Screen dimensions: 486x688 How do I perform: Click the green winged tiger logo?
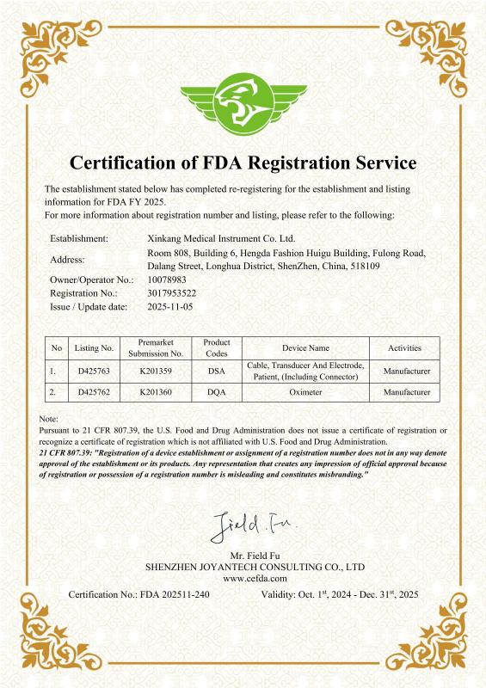coord(243,102)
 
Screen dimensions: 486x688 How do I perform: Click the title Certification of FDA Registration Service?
coord(243,162)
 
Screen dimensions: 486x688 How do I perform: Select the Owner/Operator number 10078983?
coord(166,280)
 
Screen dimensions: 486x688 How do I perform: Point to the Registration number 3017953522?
coord(172,293)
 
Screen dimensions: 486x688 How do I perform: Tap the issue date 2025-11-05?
coord(170,306)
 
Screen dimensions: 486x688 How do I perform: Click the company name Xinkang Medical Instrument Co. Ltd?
coord(221,237)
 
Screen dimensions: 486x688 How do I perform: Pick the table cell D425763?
coord(95,372)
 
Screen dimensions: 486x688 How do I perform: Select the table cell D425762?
coord(95,392)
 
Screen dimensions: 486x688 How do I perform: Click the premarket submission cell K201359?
coord(156,372)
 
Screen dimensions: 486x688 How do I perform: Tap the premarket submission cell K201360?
coord(156,392)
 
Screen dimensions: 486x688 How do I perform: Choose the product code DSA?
coord(217,372)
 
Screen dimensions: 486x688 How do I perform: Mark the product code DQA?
coord(217,392)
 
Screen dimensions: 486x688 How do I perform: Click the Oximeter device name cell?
coord(305,392)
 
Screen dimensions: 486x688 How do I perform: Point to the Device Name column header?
coord(305,348)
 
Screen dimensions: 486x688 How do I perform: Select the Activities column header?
coord(404,348)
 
